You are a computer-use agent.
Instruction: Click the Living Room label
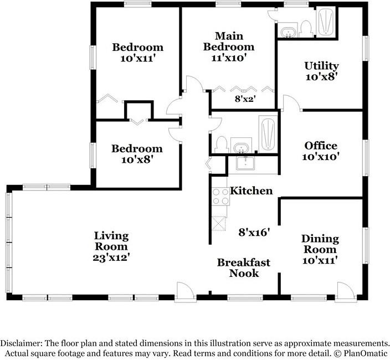click(111, 241)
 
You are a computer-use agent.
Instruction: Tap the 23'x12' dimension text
click(111, 258)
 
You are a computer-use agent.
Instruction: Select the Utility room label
click(321, 66)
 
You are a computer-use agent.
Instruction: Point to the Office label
click(321, 146)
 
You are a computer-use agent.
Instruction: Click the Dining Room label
click(320, 244)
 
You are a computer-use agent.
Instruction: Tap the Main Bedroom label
click(229, 42)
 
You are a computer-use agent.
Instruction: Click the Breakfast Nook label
click(244, 268)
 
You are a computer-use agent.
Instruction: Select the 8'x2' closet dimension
click(245, 99)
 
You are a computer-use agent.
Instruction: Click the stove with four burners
click(220, 197)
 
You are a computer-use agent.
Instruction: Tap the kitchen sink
click(245, 163)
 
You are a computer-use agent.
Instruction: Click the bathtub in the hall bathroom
click(268, 134)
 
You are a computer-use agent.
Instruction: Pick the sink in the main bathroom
click(289, 32)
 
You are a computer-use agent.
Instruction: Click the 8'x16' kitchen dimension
click(254, 233)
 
